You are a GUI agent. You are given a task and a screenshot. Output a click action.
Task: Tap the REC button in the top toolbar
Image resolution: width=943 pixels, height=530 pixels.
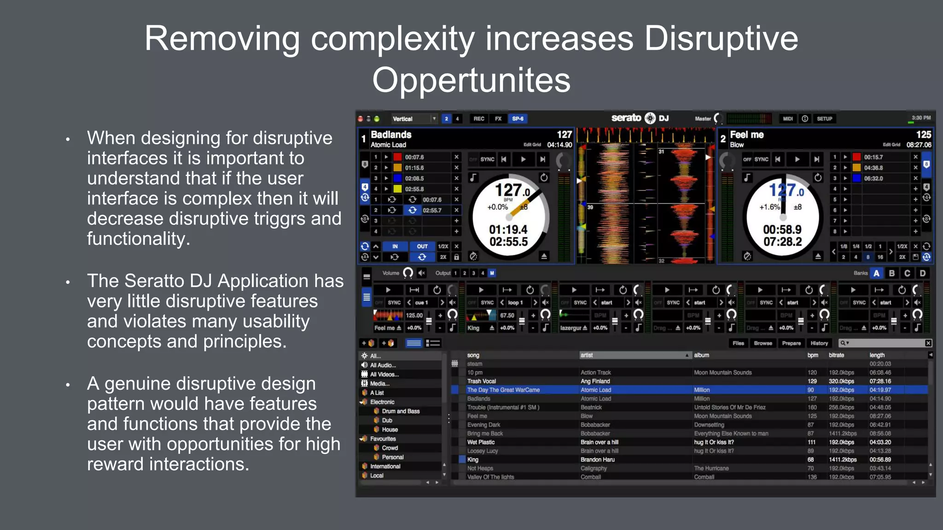(479, 119)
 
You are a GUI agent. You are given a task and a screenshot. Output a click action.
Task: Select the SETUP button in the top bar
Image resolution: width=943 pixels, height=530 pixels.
(824, 119)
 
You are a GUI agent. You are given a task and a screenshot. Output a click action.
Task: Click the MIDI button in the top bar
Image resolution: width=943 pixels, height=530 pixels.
(788, 119)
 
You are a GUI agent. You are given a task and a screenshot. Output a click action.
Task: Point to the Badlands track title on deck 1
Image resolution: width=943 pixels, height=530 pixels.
(391, 135)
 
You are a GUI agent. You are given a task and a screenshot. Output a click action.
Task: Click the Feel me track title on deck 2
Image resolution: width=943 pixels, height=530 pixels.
(747, 135)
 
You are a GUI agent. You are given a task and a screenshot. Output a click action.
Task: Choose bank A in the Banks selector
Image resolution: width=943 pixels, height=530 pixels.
(877, 273)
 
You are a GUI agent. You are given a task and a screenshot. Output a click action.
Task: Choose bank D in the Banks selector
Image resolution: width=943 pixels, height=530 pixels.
(923, 273)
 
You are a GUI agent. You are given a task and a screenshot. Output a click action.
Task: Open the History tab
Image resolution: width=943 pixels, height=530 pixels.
(819, 343)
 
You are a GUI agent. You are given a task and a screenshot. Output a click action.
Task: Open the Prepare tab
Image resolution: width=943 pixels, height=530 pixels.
(791, 343)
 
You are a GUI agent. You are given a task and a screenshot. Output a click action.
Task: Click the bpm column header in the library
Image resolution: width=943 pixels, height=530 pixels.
(813, 355)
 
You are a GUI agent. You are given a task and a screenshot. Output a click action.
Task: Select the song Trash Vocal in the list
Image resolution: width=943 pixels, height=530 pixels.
(482, 381)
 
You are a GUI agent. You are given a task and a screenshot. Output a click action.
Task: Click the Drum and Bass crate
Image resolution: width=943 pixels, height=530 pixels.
(401, 411)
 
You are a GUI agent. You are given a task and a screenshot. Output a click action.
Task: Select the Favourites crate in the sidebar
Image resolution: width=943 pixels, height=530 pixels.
(383, 439)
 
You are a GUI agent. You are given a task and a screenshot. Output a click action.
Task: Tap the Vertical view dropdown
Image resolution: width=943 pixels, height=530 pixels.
(414, 119)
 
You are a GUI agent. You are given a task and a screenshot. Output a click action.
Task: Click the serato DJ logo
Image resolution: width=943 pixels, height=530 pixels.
(640, 118)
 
